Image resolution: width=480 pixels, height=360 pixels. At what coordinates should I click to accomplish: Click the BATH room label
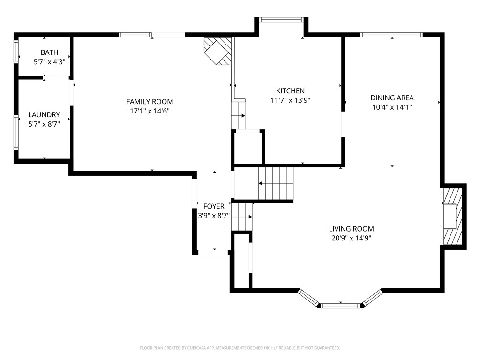(x=49, y=52)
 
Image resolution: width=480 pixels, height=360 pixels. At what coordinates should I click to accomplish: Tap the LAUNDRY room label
(x=44, y=114)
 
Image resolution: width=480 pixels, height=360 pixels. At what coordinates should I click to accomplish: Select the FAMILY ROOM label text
(x=150, y=101)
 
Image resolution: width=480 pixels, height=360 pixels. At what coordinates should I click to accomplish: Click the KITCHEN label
(x=290, y=90)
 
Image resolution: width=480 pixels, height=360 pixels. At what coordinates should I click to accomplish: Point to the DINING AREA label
(x=392, y=97)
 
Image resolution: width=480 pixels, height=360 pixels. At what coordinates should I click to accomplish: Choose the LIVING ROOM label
(x=351, y=229)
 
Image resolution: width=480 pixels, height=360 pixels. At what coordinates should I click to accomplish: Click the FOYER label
(x=213, y=206)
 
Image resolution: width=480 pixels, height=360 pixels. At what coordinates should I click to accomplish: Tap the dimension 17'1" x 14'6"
(x=150, y=111)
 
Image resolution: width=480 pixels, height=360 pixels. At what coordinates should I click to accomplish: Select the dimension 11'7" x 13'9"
(x=290, y=100)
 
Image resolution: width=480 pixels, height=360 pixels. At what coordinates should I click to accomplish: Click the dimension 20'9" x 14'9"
(x=351, y=238)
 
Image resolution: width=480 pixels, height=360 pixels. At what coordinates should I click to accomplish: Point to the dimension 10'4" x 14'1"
(x=392, y=107)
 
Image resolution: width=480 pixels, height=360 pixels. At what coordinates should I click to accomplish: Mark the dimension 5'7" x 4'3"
(x=49, y=61)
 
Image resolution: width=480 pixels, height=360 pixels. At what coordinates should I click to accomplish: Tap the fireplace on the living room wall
(x=453, y=215)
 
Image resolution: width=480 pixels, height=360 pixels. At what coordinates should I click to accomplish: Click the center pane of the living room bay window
(x=340, y=306)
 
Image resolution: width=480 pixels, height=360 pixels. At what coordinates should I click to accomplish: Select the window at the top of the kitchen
(x=281, y=20)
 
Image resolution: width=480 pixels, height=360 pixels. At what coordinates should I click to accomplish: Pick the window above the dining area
(x=391, y=35)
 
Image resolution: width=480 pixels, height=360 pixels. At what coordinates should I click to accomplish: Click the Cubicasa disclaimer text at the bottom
(x=240, y=348)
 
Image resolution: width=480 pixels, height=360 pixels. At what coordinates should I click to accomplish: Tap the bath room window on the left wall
(x=16, y=52)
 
